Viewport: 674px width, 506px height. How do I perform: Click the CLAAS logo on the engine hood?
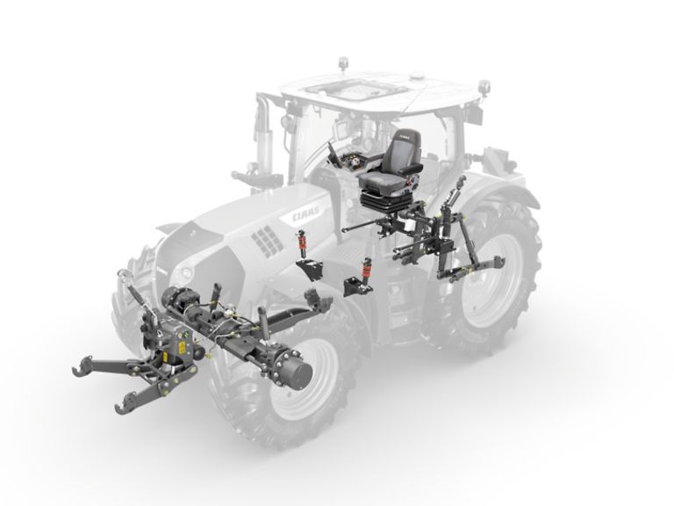click(x=306, y=213)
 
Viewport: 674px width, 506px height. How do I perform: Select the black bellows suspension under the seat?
click(x=378, y=199)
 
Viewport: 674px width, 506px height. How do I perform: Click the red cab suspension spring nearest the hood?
click(x=303, y=243)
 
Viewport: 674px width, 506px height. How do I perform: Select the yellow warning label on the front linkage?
click(x=183, y=347)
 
